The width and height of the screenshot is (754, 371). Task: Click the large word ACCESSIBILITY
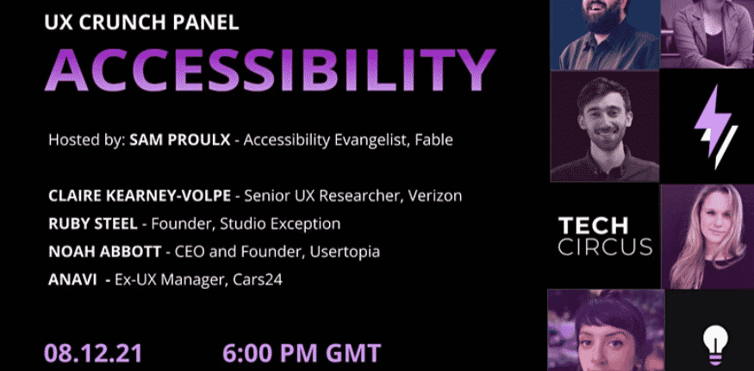(x=270, y=69)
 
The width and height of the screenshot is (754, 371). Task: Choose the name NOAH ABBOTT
(x=103, y=251)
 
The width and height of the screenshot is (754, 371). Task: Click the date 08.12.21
(x=93, y=354)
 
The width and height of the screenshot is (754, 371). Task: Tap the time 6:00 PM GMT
(x=301, y=354)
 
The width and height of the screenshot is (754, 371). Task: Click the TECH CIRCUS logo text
(x=604, y=236)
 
